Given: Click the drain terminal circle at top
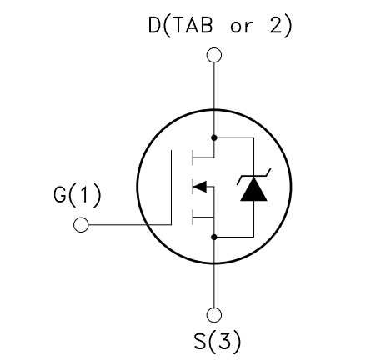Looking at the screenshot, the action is pos(214,55).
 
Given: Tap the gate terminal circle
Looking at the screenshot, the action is pos(81,224).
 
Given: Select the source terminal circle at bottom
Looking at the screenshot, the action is pos(214,315).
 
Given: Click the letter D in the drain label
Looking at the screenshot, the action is pos(154,25).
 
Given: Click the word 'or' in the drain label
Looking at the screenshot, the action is pos(242,27).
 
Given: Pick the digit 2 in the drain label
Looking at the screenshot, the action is pos(276,25).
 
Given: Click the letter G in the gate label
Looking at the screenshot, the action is pos(60,195).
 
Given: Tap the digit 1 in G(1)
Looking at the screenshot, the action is pos(84,195).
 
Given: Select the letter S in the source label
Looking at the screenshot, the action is pos(200,341).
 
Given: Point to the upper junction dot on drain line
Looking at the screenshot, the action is pos(214,137).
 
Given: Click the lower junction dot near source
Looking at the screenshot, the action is pos(214,237).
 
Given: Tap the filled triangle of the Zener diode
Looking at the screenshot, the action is pos(253,189).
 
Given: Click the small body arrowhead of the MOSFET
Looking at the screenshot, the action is pos(200,187).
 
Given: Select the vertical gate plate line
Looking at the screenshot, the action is pos(171,187).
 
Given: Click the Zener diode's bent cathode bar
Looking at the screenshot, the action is pos(253,177).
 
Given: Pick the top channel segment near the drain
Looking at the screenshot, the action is pos(193,157).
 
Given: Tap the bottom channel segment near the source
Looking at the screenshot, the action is pos(193,217).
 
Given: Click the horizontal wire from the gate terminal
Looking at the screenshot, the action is pos(130,224).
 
